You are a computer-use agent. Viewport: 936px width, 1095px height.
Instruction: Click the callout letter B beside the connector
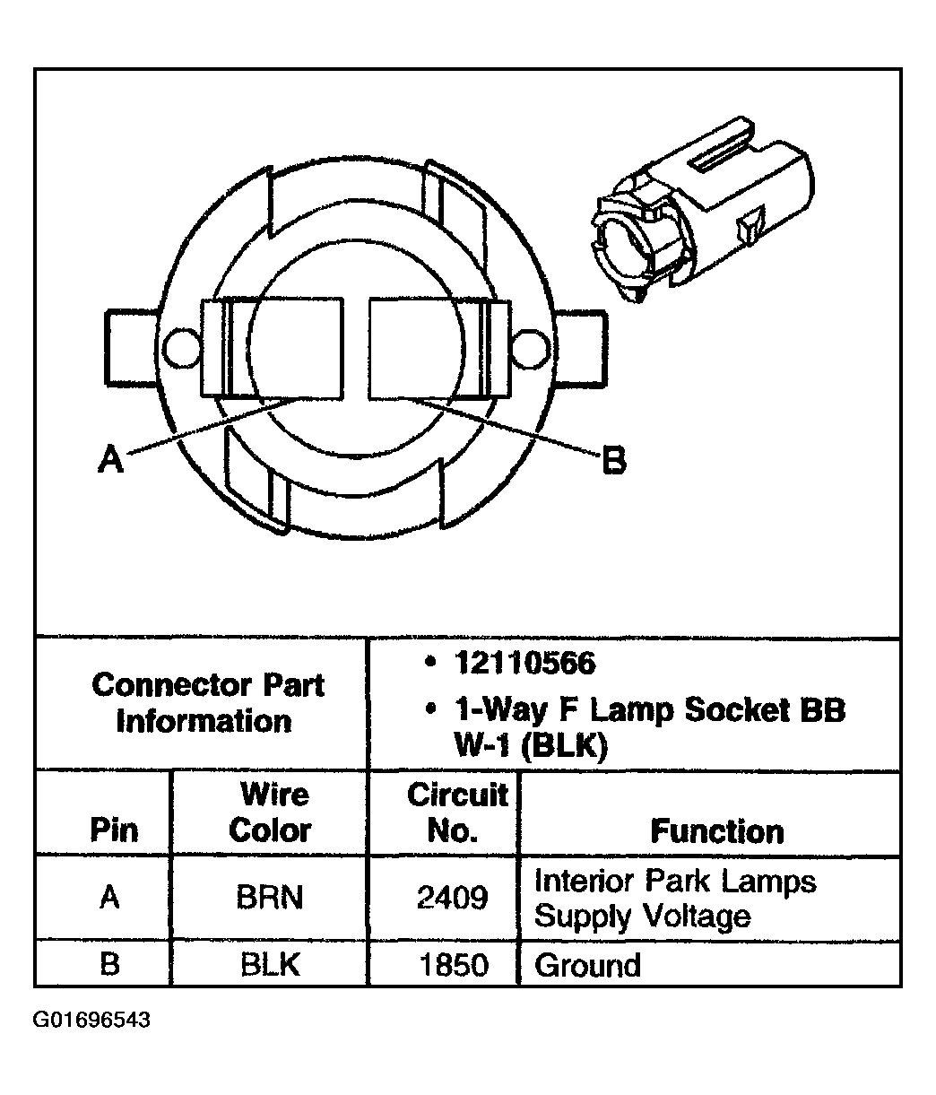pos(613,461)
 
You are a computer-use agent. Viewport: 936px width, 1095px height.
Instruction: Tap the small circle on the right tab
pos(528,347)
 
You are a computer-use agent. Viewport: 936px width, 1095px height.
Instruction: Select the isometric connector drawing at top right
pos(698,206)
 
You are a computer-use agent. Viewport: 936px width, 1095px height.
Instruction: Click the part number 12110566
pos(524,664)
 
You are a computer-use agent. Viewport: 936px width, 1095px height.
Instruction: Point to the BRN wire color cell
pos(269,898)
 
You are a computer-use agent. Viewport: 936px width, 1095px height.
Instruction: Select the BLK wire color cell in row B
pos(269,965)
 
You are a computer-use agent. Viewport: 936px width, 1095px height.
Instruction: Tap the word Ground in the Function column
pos(587,965)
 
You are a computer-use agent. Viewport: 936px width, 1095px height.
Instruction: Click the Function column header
pos(716,830)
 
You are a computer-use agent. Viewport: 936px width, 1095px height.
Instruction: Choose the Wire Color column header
pos(269,813)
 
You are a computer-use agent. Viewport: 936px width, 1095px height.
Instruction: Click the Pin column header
pos(114,830)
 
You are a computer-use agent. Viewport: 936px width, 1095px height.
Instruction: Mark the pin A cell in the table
pos(109,898)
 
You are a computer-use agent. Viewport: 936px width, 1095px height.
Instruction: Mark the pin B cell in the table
pos(109,965)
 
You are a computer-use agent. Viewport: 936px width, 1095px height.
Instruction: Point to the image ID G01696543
pos(91,1021)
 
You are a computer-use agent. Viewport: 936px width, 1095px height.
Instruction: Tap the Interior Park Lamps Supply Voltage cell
pos(675,898)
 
